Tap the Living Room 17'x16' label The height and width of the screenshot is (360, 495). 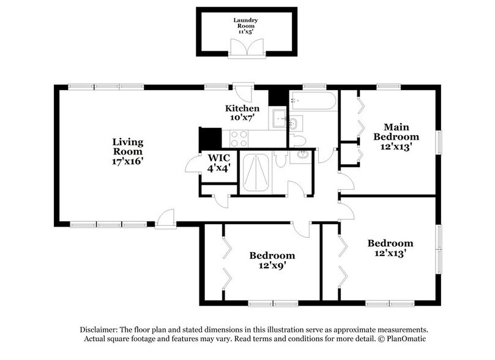tap(128, 151)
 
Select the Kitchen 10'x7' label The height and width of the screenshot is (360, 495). tap(242, 113)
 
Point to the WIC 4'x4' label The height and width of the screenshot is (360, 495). tap(219, 163)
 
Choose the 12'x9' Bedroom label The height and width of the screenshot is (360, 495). tap(272, 260)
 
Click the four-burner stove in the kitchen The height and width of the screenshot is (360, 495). tap(239, 138)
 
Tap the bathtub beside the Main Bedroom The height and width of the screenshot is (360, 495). tap(313, 101)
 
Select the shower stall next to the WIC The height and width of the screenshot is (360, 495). tap(256, 173)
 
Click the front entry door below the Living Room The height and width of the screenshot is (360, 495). tap(165, 219)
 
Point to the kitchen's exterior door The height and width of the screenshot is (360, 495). tap(243, 92)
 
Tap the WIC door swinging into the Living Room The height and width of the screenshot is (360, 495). tap(193, 163)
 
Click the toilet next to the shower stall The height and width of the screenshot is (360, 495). tap(280, 159)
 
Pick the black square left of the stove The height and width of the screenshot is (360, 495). tap(210, 138)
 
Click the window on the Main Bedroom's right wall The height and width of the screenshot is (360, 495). tap(439, 143)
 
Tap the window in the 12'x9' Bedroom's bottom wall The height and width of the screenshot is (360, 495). tap(273, 304)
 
